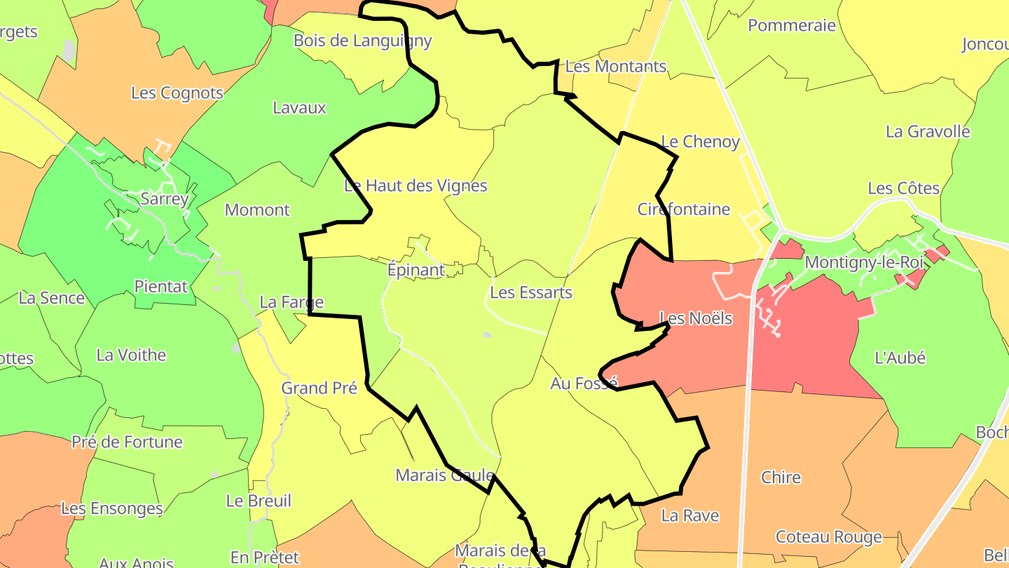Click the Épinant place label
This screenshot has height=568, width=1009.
(416, 270)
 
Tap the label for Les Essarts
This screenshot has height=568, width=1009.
(531, 292)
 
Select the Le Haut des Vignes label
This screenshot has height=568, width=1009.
(416, 186)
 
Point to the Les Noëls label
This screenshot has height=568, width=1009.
(696, 318)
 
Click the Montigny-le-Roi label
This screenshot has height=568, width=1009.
(865, 262)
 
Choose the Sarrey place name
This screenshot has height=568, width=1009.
(165, 199)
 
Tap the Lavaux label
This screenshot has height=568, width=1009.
(299, 108)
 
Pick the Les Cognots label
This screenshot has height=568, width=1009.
(177, 93)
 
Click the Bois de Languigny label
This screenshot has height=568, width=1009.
(362, 40)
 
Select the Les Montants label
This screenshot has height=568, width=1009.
(615, 67)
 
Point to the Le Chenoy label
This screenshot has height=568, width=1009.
(700, 142)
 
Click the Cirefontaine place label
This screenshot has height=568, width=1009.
(684, 209)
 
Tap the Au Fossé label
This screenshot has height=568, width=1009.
(584, 384)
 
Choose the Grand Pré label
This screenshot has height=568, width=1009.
(319, 388)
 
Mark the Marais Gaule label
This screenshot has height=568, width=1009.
(445, 475)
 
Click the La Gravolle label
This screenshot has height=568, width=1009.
(928, 132)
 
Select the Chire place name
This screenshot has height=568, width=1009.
(781, 478)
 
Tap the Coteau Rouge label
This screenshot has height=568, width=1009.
(828, 537)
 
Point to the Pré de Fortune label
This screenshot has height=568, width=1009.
(127, 442)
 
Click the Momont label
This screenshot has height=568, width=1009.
(257, 210)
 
